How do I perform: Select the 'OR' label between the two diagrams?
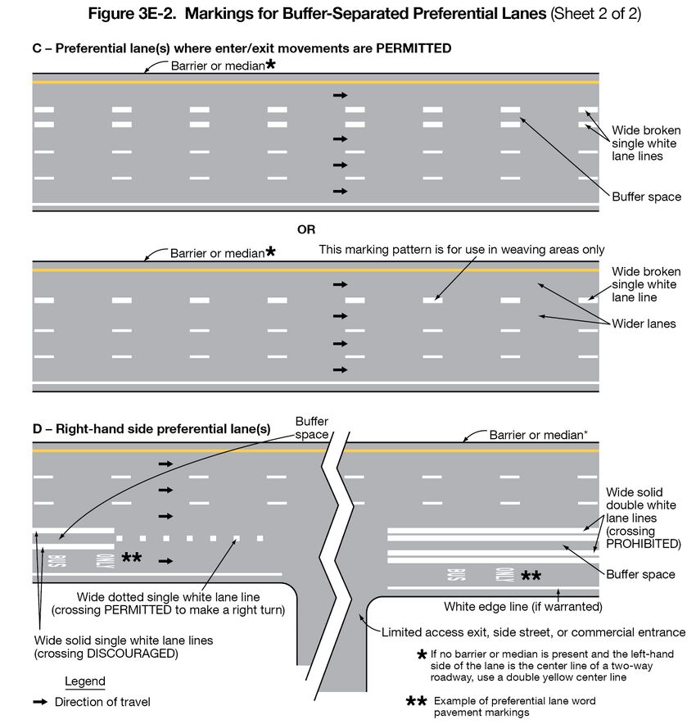(x=306, y=229)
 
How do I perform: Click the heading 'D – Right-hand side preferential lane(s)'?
(x=151, y=428)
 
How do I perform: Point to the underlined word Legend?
(x=85, y=681)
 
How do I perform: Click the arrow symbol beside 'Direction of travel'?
(x=39, y=702)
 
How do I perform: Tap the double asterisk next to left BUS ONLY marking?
(x=131, y=558)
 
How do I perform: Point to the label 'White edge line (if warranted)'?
(x=523, y=607)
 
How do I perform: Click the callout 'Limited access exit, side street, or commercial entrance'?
(x=533, y=632)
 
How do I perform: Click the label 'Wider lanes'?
(x=644, y=324)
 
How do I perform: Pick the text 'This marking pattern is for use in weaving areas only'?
(x=462, y=249)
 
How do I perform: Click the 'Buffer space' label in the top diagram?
(x=646, y=197)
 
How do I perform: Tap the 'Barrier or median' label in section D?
(x=537, y=435)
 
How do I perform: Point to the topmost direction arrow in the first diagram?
(x=340, y=96)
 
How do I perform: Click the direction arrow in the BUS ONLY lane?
(x=166, y=561)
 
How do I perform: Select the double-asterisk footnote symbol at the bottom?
(x=417, y=702)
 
